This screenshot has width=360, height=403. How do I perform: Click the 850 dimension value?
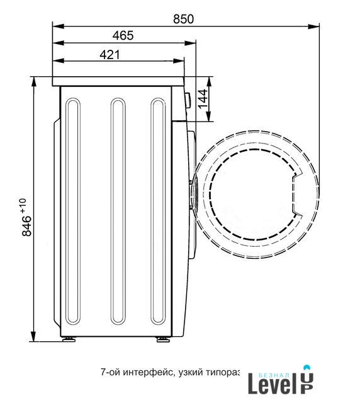click(183, 19)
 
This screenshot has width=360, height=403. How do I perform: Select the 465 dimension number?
click(123, 35)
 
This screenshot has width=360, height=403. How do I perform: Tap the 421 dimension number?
click(110, 55)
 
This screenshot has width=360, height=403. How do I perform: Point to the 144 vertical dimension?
click(203, 99)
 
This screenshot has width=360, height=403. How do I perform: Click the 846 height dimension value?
click(26, 225)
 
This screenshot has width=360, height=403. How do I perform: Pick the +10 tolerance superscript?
click(23, 205)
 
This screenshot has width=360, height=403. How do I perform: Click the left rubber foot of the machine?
click(69, 339)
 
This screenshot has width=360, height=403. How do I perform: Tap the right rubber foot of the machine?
click(164, 339)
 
